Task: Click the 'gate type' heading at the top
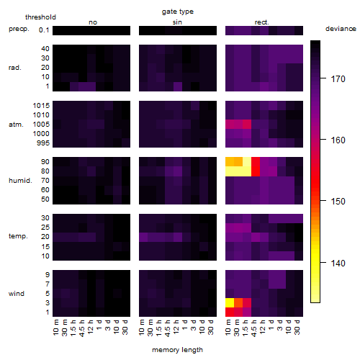point(178,12)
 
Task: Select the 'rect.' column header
point(261,22)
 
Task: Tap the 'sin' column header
point(177,22)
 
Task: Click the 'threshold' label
point(40,17)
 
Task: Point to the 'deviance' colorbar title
point(341,29)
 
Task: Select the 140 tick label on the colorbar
point(338,264)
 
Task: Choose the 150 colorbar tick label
point(338,201)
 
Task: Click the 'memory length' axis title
point(177,350)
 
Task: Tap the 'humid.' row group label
point(20,181)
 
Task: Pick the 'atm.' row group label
point(16,125)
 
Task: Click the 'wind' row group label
point(17,294)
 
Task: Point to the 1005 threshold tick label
point(41,125)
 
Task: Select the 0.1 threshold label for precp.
point(44,30)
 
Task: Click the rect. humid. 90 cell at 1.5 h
point(247,162)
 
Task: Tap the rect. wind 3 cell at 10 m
point(230,303)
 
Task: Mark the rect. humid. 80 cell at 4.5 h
point(256,171)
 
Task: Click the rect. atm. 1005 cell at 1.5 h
point(247,125)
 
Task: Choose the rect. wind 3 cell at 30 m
point(238,303)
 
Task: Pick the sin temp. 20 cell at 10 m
point(143,237)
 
